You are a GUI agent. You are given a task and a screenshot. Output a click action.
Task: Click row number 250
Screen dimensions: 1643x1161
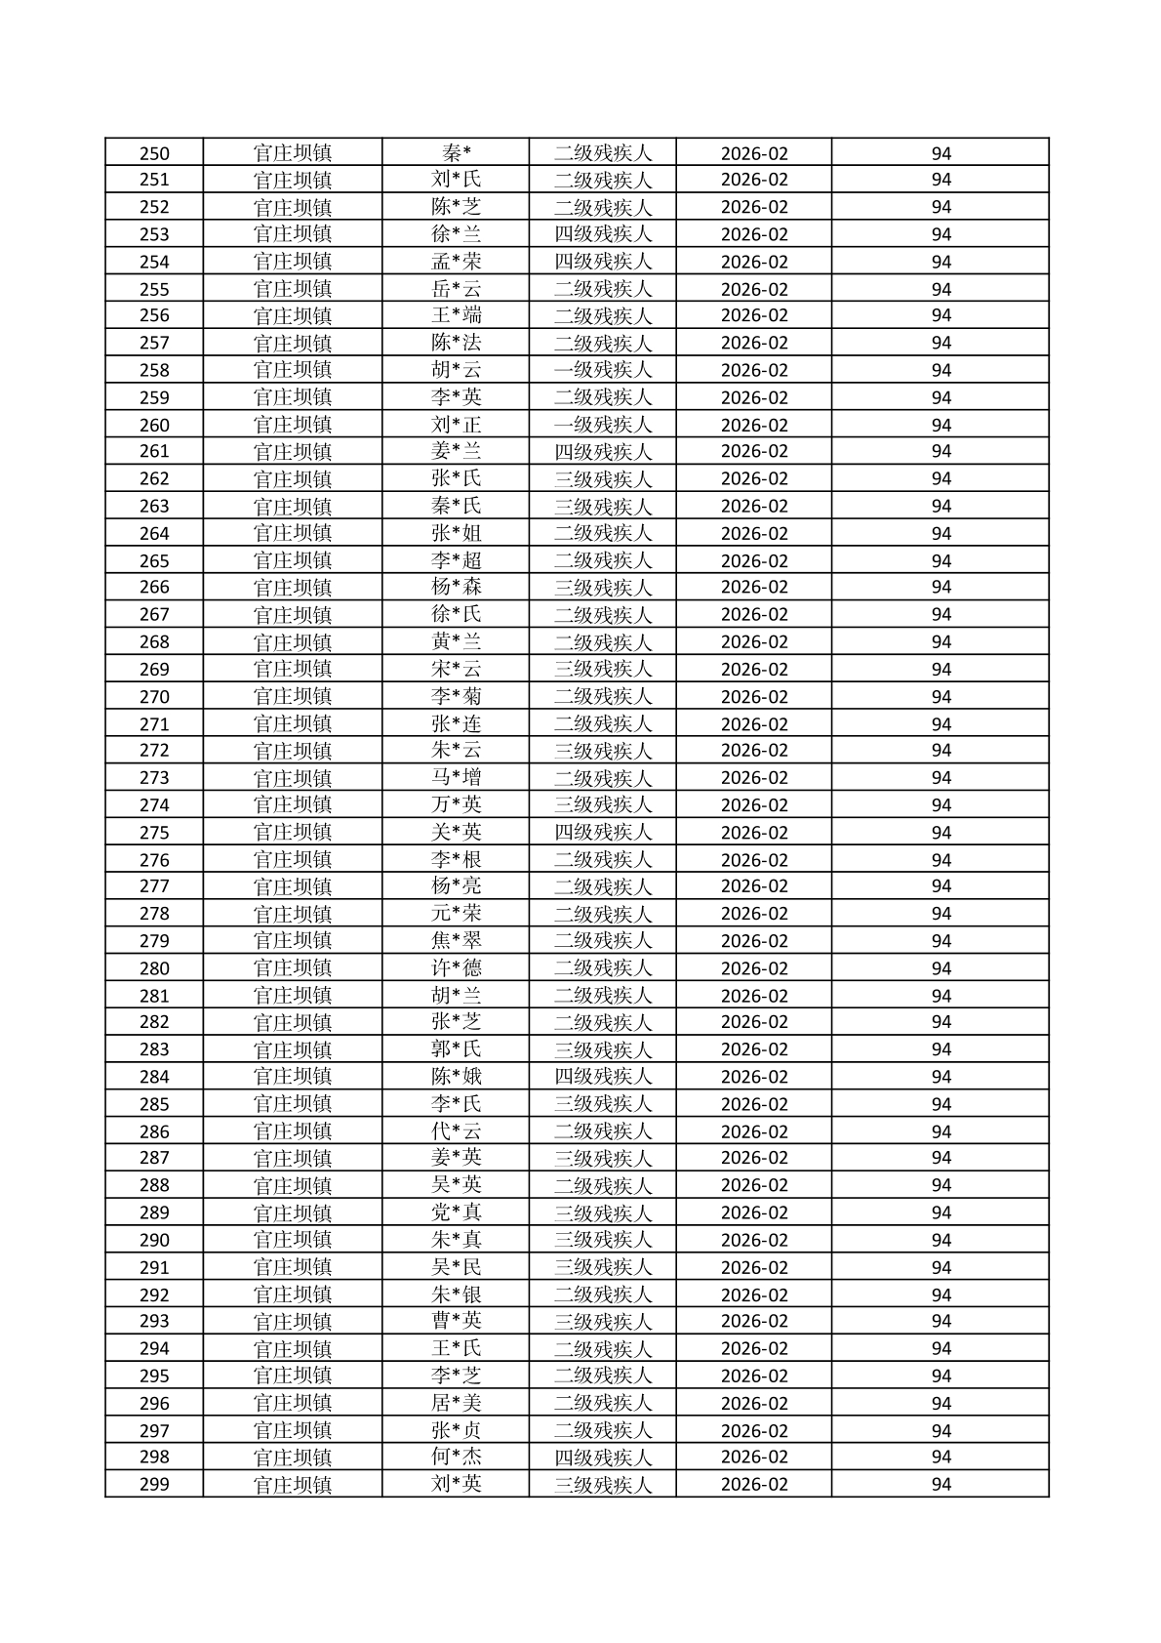[x=154, y=153]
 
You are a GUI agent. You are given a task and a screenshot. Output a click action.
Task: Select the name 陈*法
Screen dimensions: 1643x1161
[x=457, y=343]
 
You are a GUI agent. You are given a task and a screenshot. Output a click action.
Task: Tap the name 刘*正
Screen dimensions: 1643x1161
[x=457, y=425]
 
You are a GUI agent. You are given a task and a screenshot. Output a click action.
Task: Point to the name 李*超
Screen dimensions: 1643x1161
[x=457, y=560]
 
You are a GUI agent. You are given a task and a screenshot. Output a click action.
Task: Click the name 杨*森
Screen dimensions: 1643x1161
[x=457, y=587]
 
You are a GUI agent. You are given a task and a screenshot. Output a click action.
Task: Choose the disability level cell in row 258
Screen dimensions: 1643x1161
[x=602, y=370]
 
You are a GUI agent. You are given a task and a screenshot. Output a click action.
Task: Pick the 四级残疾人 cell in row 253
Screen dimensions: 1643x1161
[x=602, y=234]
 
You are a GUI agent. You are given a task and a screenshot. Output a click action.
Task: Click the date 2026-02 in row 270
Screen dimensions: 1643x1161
[x=754, y=697]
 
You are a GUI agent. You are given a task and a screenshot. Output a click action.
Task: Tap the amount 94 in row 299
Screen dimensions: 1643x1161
[x=941, y=1484]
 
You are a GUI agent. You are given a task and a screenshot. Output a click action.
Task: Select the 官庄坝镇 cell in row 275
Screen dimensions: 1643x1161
[x=293, y=833]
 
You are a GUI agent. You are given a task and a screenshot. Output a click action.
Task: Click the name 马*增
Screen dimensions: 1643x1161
[x=457, y=778]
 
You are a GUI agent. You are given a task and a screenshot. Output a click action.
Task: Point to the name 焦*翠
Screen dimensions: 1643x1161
[x=457, y=941]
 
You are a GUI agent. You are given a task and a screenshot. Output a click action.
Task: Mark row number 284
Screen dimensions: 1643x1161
[x=154, y=1077]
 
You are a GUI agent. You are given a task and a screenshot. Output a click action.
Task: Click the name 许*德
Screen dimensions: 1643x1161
[x=457, y=968]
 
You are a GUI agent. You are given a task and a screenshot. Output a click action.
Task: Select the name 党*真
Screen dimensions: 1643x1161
[x=457, y=1212]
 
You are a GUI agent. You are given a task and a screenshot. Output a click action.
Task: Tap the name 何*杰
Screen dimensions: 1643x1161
[x=457, y=1457]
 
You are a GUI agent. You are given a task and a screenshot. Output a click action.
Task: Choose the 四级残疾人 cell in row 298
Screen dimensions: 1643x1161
[x=602, y=1457]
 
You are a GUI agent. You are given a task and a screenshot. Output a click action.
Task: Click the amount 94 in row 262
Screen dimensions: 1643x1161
[x=941, y=478]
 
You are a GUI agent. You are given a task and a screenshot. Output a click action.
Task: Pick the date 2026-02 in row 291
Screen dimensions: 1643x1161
[x=754, y=1267]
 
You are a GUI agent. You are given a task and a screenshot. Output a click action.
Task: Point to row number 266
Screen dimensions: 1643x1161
[x=154, y=587]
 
